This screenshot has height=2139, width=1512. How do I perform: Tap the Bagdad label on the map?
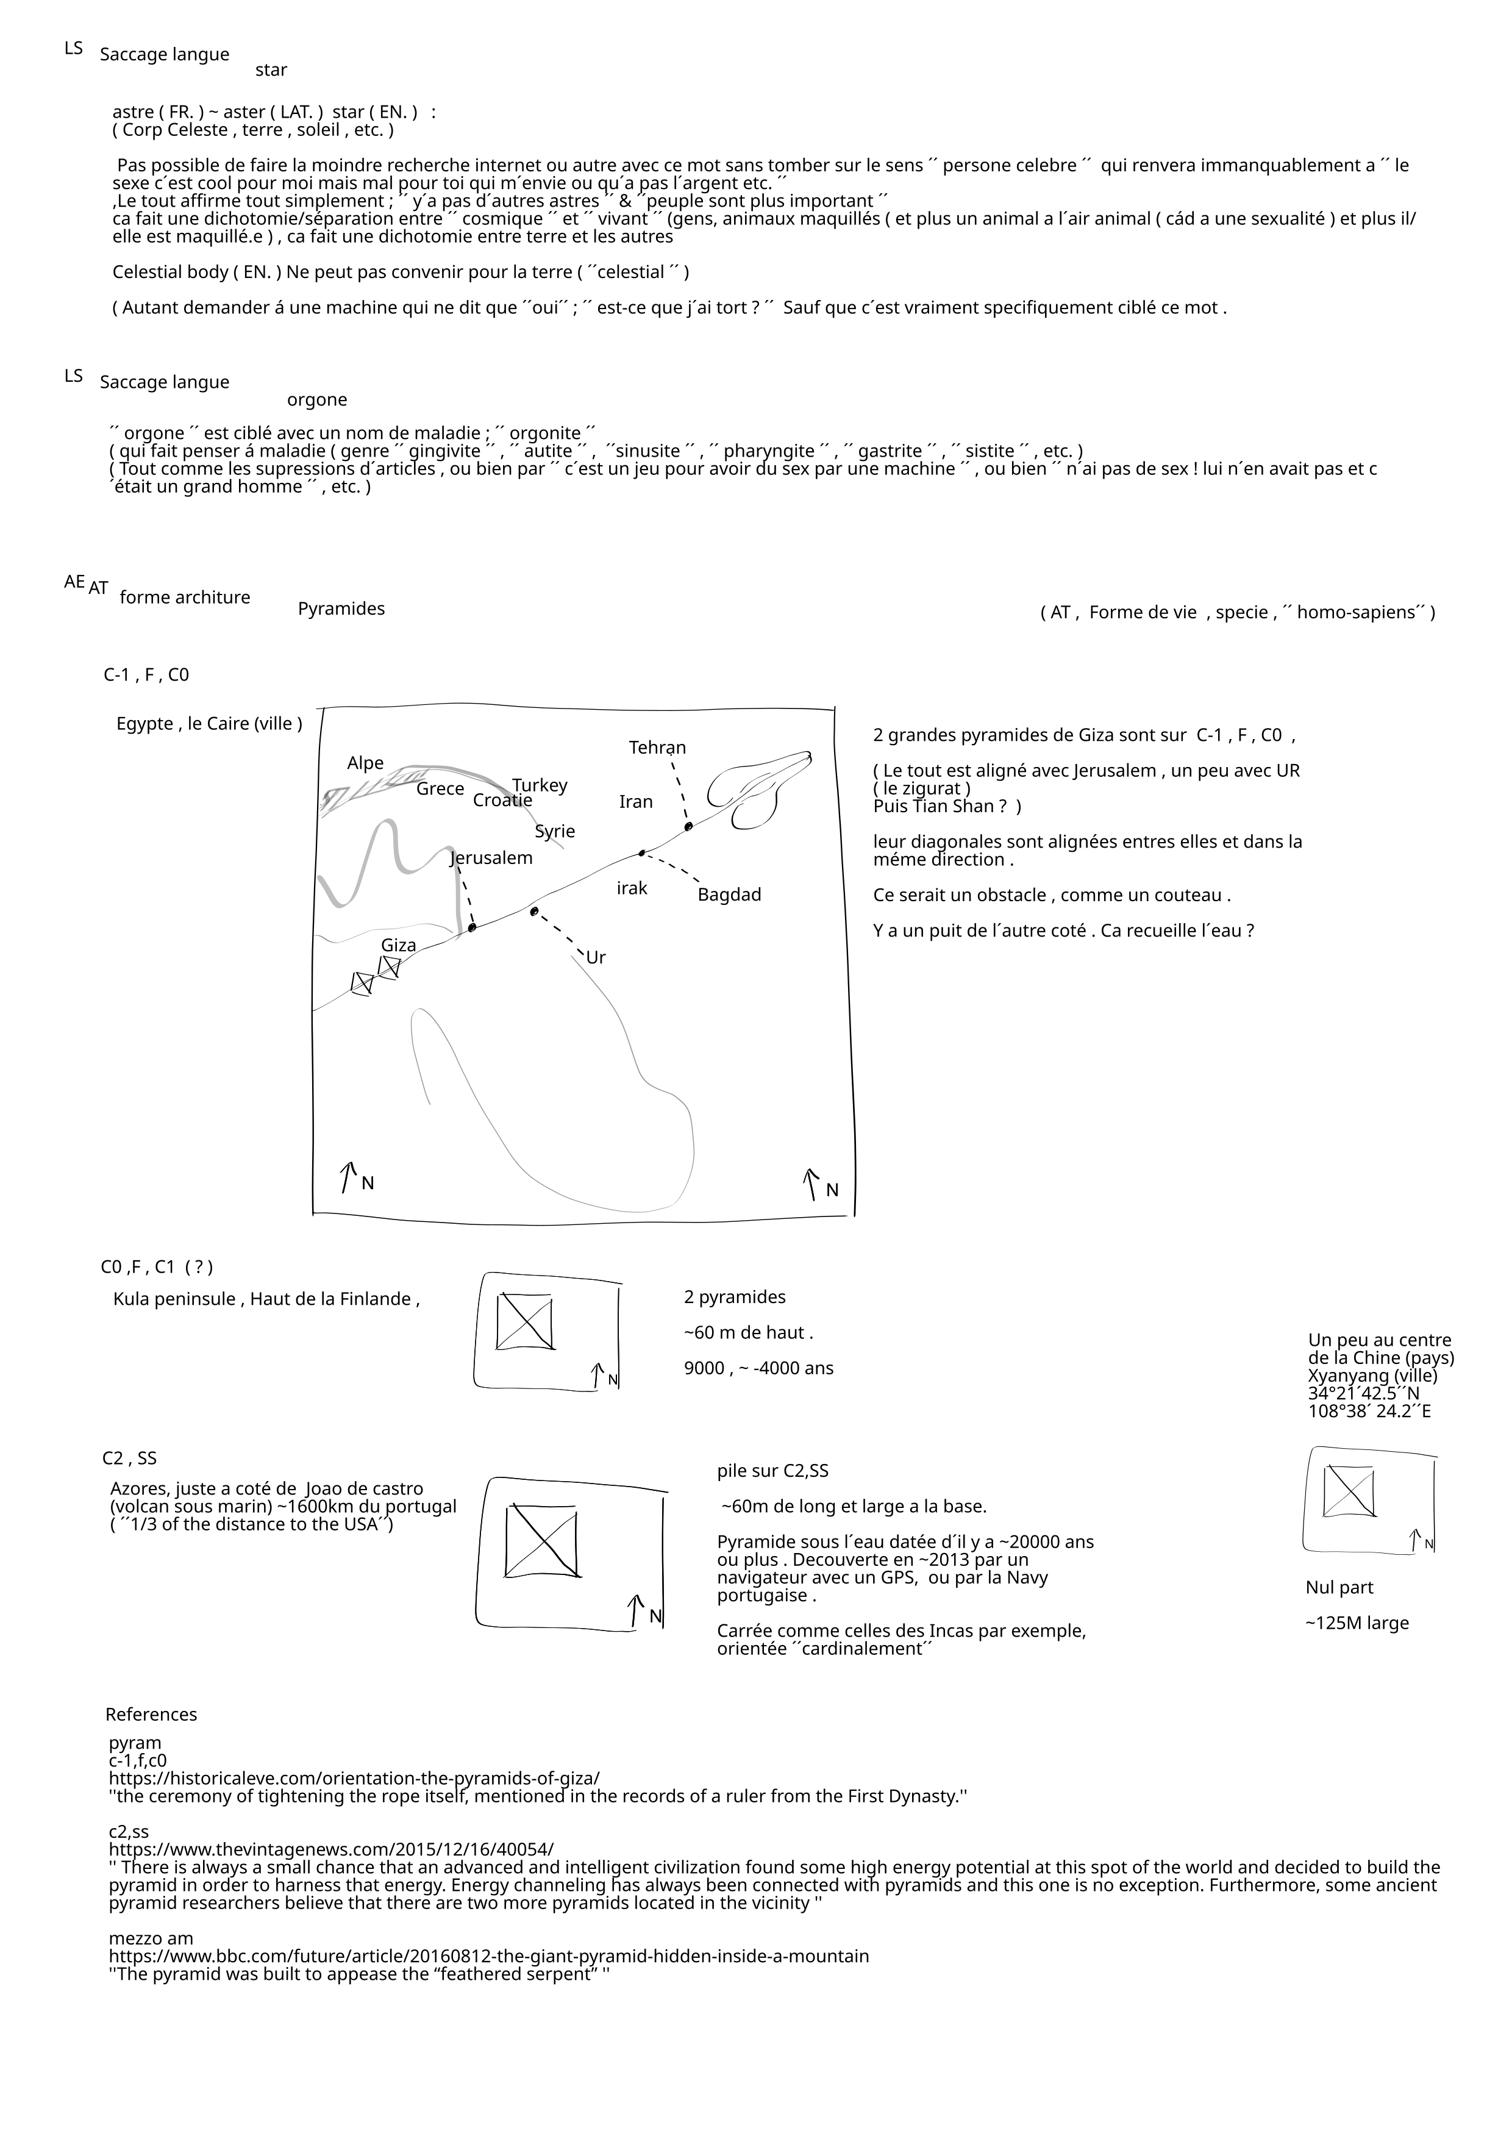729,895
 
